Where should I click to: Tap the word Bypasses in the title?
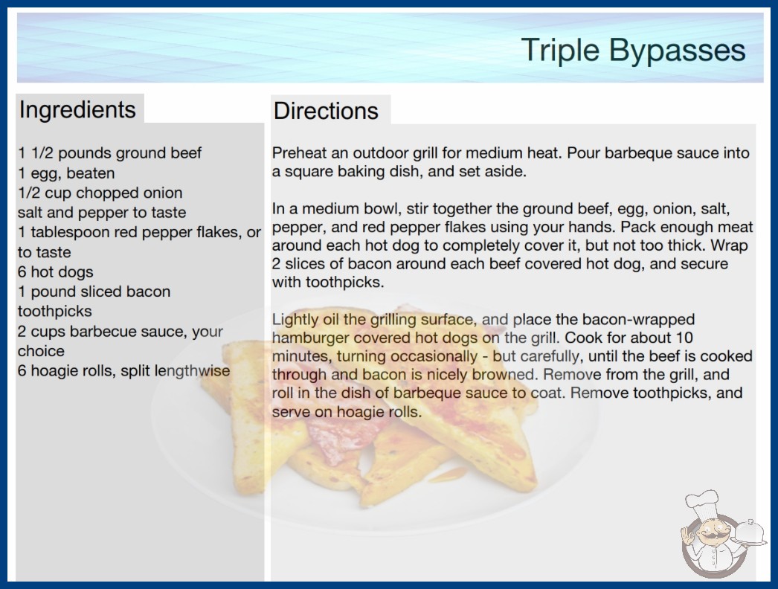point(678,50)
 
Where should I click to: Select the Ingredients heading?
point(77,109)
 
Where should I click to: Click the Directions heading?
point(326,111)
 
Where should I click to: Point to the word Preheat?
point(299,153)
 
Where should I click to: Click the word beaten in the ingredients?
point(90,173)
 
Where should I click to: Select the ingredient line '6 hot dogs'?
point(56,272)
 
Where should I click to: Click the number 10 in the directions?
point(684,338)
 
